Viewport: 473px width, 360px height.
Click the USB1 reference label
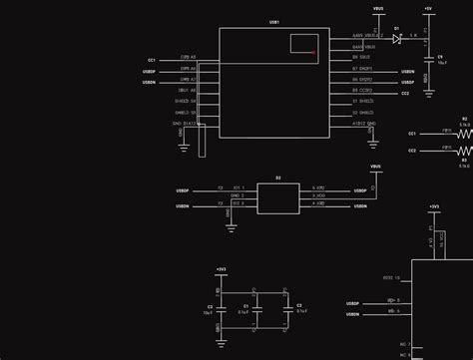pos(274,21)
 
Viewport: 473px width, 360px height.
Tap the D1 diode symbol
pos(397,38)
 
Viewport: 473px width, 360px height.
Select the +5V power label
pos(427,8)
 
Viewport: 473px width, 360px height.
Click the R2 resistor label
pos(464,118)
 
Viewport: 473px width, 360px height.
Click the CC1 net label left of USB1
pos(151,60)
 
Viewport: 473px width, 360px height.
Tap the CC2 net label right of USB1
pos(405,93)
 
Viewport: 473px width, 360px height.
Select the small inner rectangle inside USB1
pos(302,43)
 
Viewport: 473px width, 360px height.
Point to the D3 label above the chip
pos(278,178)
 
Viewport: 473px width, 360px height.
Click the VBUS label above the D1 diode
pos(377,8)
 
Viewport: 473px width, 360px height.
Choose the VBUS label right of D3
pos(375,168)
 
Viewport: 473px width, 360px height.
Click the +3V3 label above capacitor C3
pos(221,269)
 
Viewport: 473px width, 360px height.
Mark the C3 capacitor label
pos(210,306)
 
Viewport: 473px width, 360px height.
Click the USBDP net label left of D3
pos(183,188)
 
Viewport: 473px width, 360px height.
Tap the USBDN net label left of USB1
pos(149,82)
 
